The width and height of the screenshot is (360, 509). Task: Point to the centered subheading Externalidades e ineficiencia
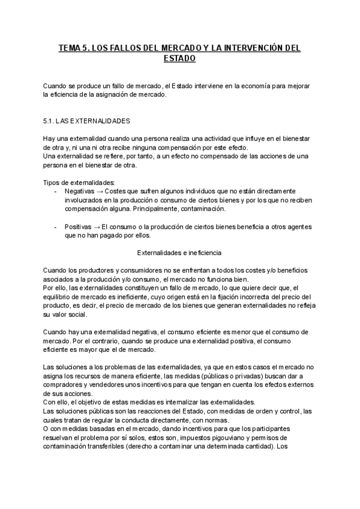tap(179, 253)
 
